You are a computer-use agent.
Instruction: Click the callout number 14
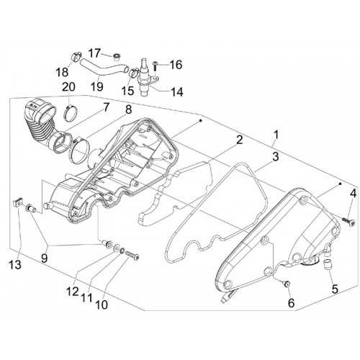point(177,92)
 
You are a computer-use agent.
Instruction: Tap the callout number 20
point(68,86)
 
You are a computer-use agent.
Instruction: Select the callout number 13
point(15,265)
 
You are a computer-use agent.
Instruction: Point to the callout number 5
point(335,289)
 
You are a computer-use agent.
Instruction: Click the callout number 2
point(239,140)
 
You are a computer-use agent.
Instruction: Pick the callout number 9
point(45,258)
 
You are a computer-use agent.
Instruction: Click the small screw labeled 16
point(156,66)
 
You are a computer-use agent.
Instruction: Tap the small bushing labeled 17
point(117,58)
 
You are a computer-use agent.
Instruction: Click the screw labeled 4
point(349,222)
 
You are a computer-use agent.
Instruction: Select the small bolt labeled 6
point(287,284)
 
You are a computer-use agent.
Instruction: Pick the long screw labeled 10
point(132,255)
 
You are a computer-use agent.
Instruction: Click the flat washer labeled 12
point(117,247)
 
